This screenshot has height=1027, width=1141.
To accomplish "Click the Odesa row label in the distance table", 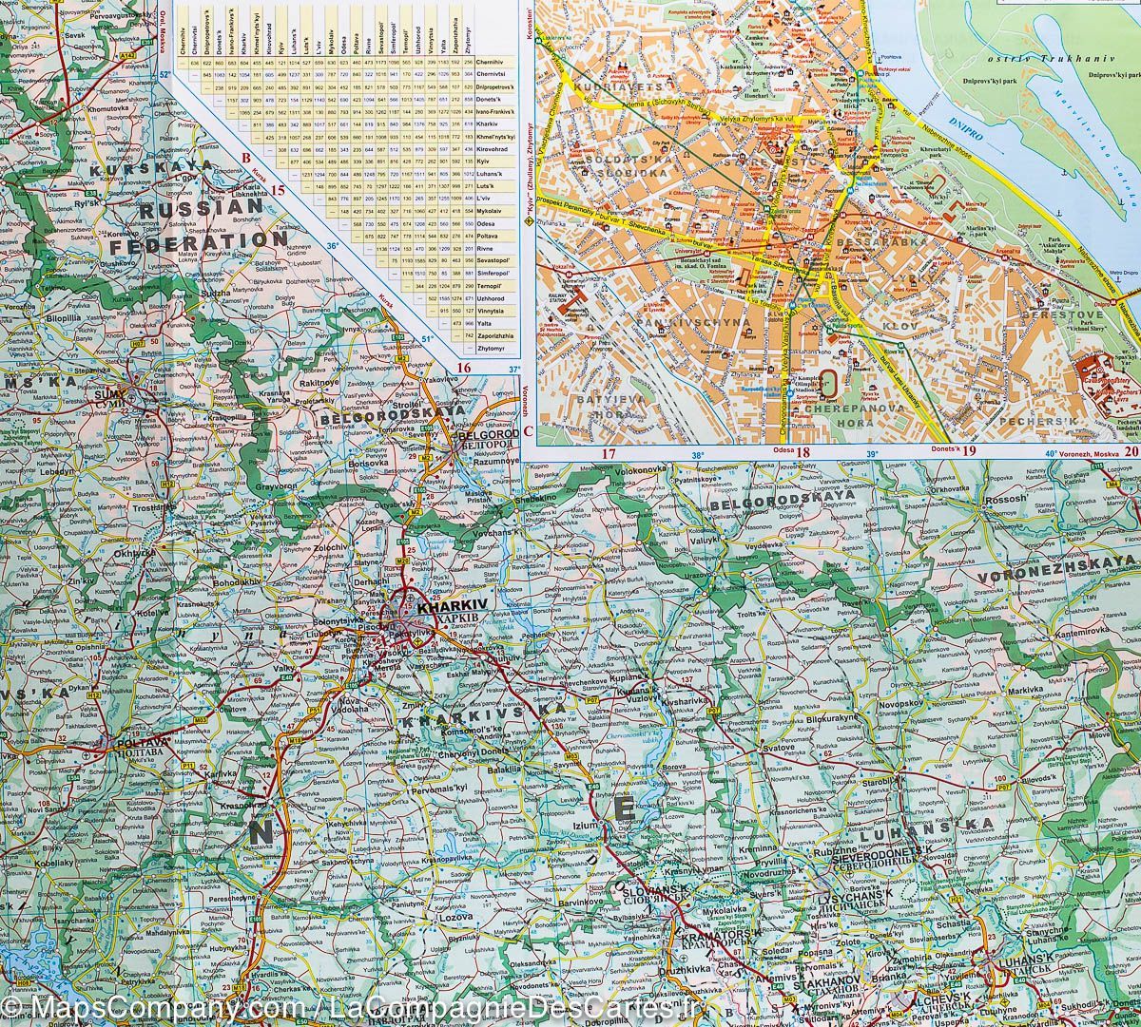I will point(491,215).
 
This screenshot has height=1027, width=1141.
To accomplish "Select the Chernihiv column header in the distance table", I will point(195,34).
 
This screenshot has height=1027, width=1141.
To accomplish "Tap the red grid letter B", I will point(244,159).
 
